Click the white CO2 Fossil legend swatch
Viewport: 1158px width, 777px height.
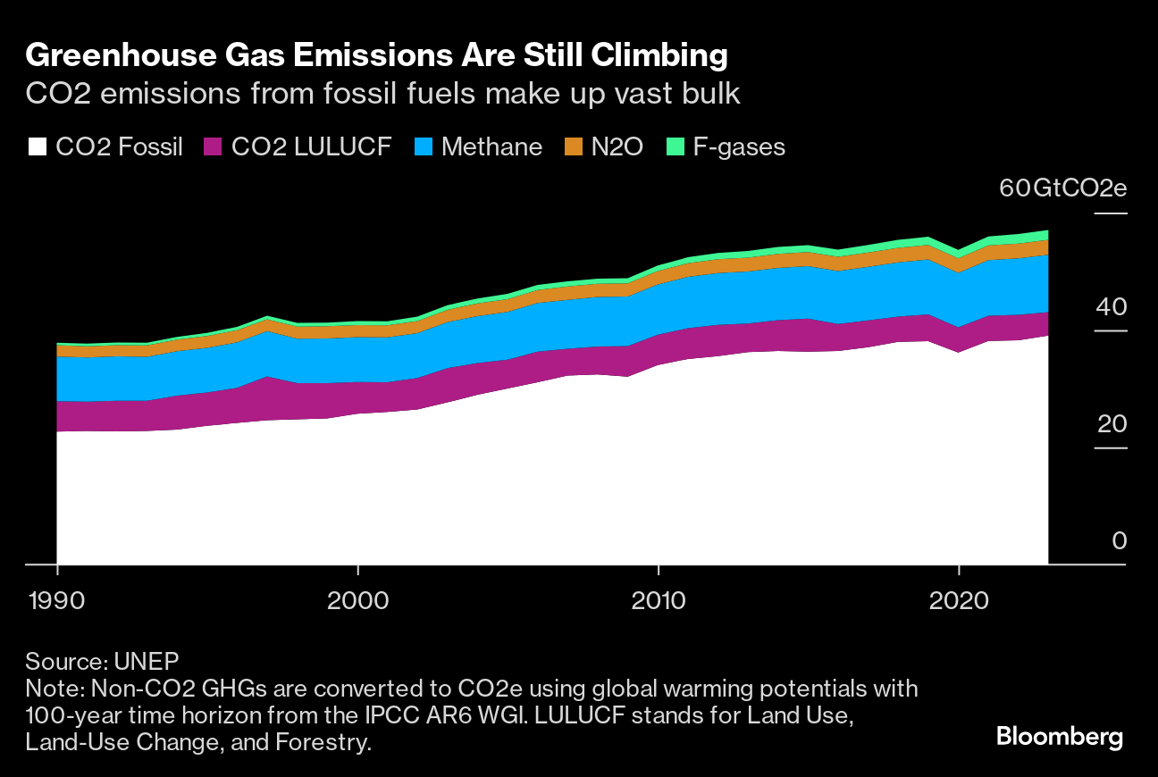coord(37,147)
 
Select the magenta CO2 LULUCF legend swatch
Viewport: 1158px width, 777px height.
coord(214,147)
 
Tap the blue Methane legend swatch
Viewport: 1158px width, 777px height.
coord(424,147)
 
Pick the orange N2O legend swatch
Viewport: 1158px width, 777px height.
coord(574,147)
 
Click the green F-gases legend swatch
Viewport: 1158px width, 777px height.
coord(676,147)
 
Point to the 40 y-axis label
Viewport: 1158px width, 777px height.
coord(1113,306)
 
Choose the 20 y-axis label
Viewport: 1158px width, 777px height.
coord(1113,423)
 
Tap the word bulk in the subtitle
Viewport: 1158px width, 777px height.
coord(709,93)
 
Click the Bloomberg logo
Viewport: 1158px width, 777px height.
coord(1060,738)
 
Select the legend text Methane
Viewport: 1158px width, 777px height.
coord(492,147)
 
